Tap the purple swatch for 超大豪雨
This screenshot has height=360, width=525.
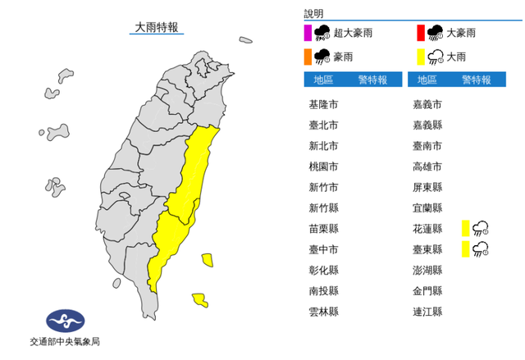tap(308, 33)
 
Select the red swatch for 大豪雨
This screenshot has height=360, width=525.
tap(420, 33)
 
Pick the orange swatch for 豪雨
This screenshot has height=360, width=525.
tap(308, 57)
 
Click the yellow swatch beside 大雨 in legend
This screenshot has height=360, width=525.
tap(420, 57)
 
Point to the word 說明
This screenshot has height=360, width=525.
tap(313, 14)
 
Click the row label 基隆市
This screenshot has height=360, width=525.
tap(322, 105)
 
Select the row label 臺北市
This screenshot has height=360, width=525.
tap(322, 125)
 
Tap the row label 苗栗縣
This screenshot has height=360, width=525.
tap(322, 229)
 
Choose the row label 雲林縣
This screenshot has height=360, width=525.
tap(322, 312)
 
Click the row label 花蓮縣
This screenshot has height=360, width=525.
tap(427, 229)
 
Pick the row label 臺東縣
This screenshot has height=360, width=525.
tap(427, 249)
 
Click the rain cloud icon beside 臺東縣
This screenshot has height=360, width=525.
tap(482, 248)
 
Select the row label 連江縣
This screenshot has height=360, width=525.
tap(427, 312)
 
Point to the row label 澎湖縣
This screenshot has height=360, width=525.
tap(427, 270)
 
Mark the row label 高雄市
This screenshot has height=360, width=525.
tap(427, 166)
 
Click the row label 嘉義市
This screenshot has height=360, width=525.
tap(427, 105)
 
